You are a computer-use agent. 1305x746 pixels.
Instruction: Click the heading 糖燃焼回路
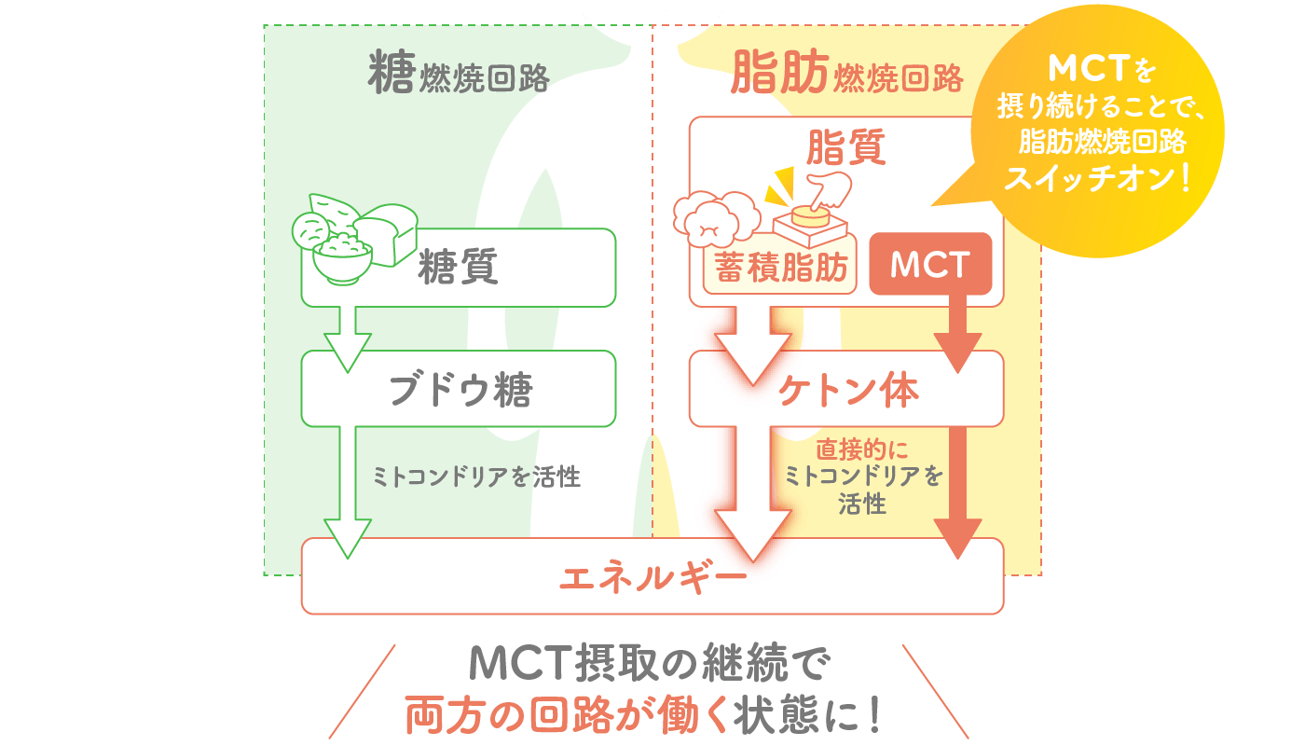[459, 73]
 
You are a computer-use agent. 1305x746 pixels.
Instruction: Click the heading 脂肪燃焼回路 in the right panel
[847, 73]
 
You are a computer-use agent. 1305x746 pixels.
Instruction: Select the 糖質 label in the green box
[458, 267]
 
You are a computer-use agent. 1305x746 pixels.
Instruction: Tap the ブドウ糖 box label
[460, 390]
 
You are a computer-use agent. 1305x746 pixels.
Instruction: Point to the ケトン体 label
[847, 390]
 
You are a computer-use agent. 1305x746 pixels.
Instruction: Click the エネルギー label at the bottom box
[652, 577]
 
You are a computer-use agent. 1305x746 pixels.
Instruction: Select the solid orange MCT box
[930, 264]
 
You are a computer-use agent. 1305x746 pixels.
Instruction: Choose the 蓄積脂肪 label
[781, 268]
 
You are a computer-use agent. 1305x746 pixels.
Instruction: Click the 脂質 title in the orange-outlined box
[846, 147]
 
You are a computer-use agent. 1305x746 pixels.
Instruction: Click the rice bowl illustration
[343, 260]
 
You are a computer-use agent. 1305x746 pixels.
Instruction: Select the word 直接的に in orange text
[861, 449]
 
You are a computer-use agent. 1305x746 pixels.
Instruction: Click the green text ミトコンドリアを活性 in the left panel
[476, 477]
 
